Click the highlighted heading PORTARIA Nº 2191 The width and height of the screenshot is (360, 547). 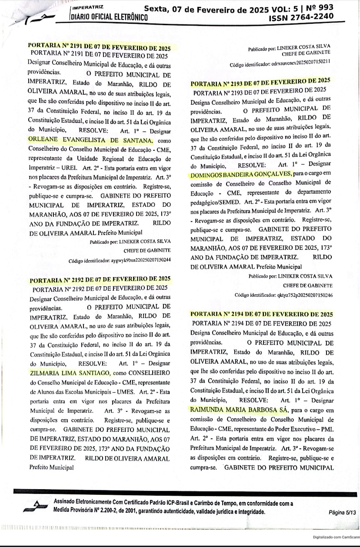click(99, 47)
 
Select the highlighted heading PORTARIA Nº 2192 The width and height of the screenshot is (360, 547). click(99, 279)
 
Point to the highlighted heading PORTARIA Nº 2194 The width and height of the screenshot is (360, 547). click(262, 314)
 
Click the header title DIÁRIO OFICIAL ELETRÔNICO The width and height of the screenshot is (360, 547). click(109, 17)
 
